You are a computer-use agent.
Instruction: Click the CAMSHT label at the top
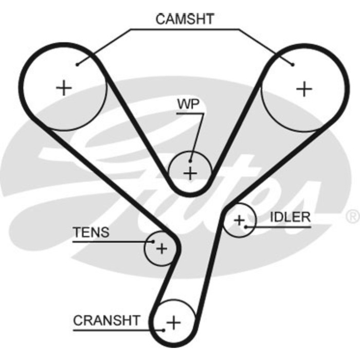click(x=185, y=19)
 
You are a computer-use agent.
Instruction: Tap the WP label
click(x=188, y=103)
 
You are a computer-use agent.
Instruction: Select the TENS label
click(x=91, y=232)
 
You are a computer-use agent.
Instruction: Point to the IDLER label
click(x=291, y=217)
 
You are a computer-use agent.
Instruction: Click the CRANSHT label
click(x=106, y=320)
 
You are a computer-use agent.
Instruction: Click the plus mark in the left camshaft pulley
click(x=64, y=88)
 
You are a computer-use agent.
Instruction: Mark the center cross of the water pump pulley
click(x=190, y=173)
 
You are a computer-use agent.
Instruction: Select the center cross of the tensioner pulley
click(x=162, y=249)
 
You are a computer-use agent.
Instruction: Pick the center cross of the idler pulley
click(x=239, y=220)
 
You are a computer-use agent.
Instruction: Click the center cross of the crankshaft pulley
click(x=174, y=323)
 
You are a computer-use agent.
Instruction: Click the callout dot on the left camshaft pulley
click(x=76, y=64)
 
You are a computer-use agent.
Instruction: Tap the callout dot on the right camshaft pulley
click(x=293, y=64)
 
